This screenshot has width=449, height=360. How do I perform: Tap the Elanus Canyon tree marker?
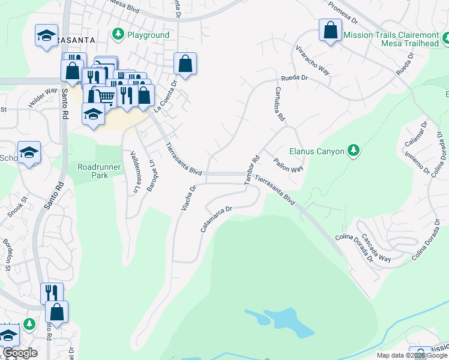coord(354,151)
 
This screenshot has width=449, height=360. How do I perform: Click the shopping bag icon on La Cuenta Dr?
coord(185,63)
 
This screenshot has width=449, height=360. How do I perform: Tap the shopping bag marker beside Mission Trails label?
coord(330,31)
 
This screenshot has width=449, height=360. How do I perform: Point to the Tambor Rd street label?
coord(251,170)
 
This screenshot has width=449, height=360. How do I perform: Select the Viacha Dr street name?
coord(189,198)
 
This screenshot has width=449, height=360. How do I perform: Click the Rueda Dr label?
coord(295,78)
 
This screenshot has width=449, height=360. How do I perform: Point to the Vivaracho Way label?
coord(313,58)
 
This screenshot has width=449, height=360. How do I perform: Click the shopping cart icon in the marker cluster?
coord(106,94)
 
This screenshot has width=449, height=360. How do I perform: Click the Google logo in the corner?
coord(20,353)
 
